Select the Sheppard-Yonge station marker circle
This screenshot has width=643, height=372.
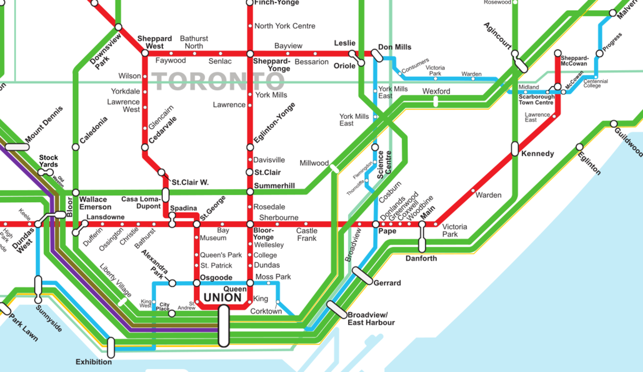click(250, 53)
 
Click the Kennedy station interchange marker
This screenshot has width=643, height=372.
click(514, 149)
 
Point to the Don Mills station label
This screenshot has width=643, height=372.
click(394, 47)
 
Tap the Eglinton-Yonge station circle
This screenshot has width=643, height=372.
click(250, 147)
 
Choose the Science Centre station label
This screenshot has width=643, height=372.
click(384, 165)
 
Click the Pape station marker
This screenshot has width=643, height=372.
click(375, 224)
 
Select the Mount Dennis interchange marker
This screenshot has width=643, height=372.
click(17, 147)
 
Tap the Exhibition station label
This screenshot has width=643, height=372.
click(94, 362)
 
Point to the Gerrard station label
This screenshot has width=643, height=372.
click(387, 283)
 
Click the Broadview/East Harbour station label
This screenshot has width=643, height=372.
click(371, 319)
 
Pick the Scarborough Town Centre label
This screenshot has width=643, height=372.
click(536, 99)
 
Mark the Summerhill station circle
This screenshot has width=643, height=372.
click(250, 191)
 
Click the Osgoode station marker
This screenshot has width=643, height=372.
click(197, 283)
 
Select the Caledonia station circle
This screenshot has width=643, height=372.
click(75, 147)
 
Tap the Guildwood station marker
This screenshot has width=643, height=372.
click(613, 123)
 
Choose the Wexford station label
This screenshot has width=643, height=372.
click(436, 91)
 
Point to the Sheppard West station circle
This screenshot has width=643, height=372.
click(145, 53)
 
